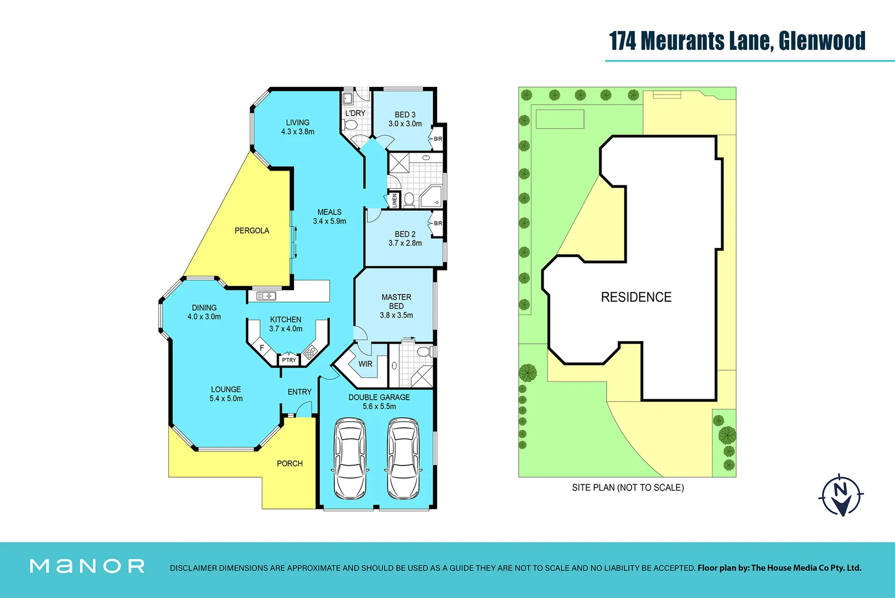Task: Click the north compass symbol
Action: pos(841,494)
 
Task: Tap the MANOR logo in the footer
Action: pos(87,566)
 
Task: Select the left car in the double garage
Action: pos(350,458)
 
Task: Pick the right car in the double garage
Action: pos(402,458)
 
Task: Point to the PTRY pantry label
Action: pos(289,360)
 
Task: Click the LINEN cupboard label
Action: pos(394,200)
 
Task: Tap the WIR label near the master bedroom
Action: pos(365,364)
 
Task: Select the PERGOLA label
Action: pos(252,230)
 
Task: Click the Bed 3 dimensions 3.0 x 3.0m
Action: pos(405,123)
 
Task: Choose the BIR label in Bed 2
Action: pos(438,223)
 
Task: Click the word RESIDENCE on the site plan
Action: pos(636,297)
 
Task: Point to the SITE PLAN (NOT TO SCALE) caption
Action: pos(628,488)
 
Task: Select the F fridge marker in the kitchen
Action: pos(262,348)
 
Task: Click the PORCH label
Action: pos(289,463)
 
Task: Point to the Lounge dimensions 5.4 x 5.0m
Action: pos(226,399)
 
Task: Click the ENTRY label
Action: pos(299,392)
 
